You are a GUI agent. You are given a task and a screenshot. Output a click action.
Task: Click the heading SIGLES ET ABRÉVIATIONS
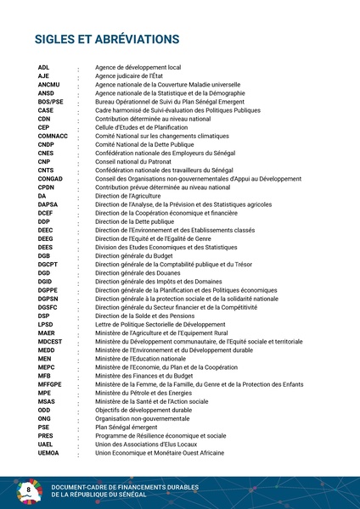106,40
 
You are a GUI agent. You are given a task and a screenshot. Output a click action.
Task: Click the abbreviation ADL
44,67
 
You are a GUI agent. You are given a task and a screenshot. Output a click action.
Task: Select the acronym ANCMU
49,84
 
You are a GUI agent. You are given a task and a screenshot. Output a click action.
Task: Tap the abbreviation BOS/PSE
51,102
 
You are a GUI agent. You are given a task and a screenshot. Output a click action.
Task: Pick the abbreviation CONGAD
50,178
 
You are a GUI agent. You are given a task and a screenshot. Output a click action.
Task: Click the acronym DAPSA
48,204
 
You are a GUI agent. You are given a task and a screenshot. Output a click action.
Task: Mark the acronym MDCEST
50,341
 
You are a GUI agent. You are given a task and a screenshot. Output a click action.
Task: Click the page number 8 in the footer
29,490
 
